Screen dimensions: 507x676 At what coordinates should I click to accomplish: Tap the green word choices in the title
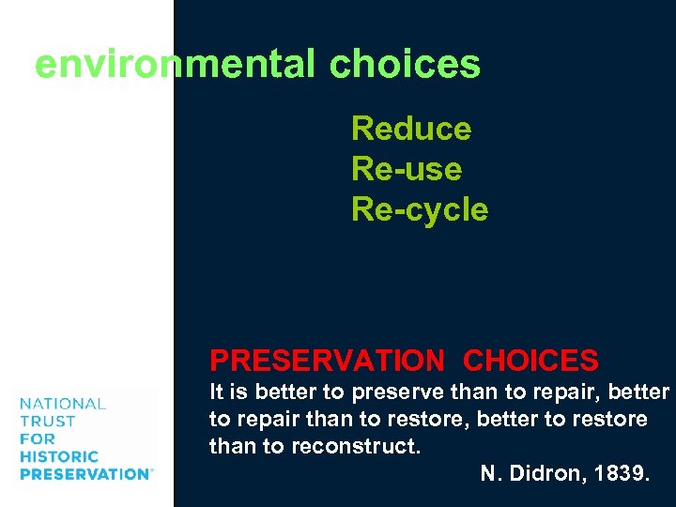point(405,65)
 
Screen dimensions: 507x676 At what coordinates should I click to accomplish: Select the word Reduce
point(411,129)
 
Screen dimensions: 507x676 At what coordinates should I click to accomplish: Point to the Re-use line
point(407,169)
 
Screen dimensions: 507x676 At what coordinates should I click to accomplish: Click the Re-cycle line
point(420,209)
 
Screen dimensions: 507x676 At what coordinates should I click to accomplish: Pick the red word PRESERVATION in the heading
point(326,361)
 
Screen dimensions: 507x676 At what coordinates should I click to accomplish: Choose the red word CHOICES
point(530,361)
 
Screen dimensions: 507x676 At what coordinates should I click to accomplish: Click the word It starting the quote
point(216,392)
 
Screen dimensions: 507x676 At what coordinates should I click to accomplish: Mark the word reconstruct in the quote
point(360,446)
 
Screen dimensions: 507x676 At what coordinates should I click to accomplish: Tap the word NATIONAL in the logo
point(62,404)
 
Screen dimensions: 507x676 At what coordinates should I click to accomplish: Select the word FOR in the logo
point(38,438)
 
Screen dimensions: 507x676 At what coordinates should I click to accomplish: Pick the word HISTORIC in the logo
point(58,456)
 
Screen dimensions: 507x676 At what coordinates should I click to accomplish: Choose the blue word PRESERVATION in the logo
point(84,474)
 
